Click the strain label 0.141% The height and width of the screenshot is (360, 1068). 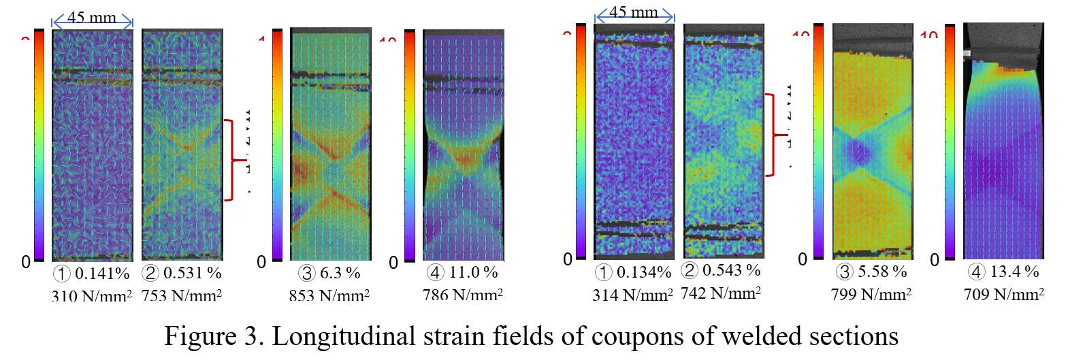102,274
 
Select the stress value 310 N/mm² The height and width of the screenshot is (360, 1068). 91,296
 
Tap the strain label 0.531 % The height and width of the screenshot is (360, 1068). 193,273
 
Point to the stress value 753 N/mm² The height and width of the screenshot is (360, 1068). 182,295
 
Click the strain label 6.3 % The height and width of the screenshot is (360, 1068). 340,273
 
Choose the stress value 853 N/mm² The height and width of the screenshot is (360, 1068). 329,295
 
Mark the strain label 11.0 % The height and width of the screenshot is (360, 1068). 474,272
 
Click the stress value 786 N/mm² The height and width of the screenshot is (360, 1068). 463,295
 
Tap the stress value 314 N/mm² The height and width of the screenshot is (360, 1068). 632,295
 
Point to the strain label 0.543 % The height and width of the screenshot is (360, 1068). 732,270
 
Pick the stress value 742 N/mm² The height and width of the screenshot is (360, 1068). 721,293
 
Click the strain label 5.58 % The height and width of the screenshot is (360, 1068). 883,272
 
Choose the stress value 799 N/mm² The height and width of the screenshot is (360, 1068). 871,294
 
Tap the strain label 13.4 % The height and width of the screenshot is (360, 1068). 1015,272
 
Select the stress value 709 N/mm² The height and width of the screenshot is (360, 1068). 1004,294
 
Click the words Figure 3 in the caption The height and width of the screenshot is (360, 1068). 213,336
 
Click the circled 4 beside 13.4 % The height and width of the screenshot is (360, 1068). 977,272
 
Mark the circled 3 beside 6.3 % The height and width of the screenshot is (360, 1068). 307,273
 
